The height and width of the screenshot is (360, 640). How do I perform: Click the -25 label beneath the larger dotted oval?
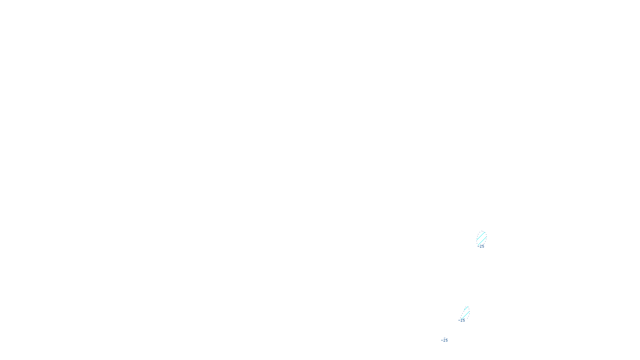pyautogui.click(x=482, y=246)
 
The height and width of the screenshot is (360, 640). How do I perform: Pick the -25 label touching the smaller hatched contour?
pyautogui.click(x=462, y=320)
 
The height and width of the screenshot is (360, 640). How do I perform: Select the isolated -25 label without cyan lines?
pyautogui.click(x=445, y=340)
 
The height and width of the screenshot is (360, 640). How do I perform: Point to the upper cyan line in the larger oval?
pyautogui.click(x=481, y=236)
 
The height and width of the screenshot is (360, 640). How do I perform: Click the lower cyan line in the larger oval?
pyautogui.click(x=482, y=241)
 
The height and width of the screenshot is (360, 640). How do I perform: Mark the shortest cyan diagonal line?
pyautogui.click(x=466, y=308)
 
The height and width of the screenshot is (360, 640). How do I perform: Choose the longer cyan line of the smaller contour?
pyautogui.click(x=465, y=315)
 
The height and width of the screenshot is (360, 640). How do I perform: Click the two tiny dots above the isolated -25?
pyautogui.click(x=444, y=338)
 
